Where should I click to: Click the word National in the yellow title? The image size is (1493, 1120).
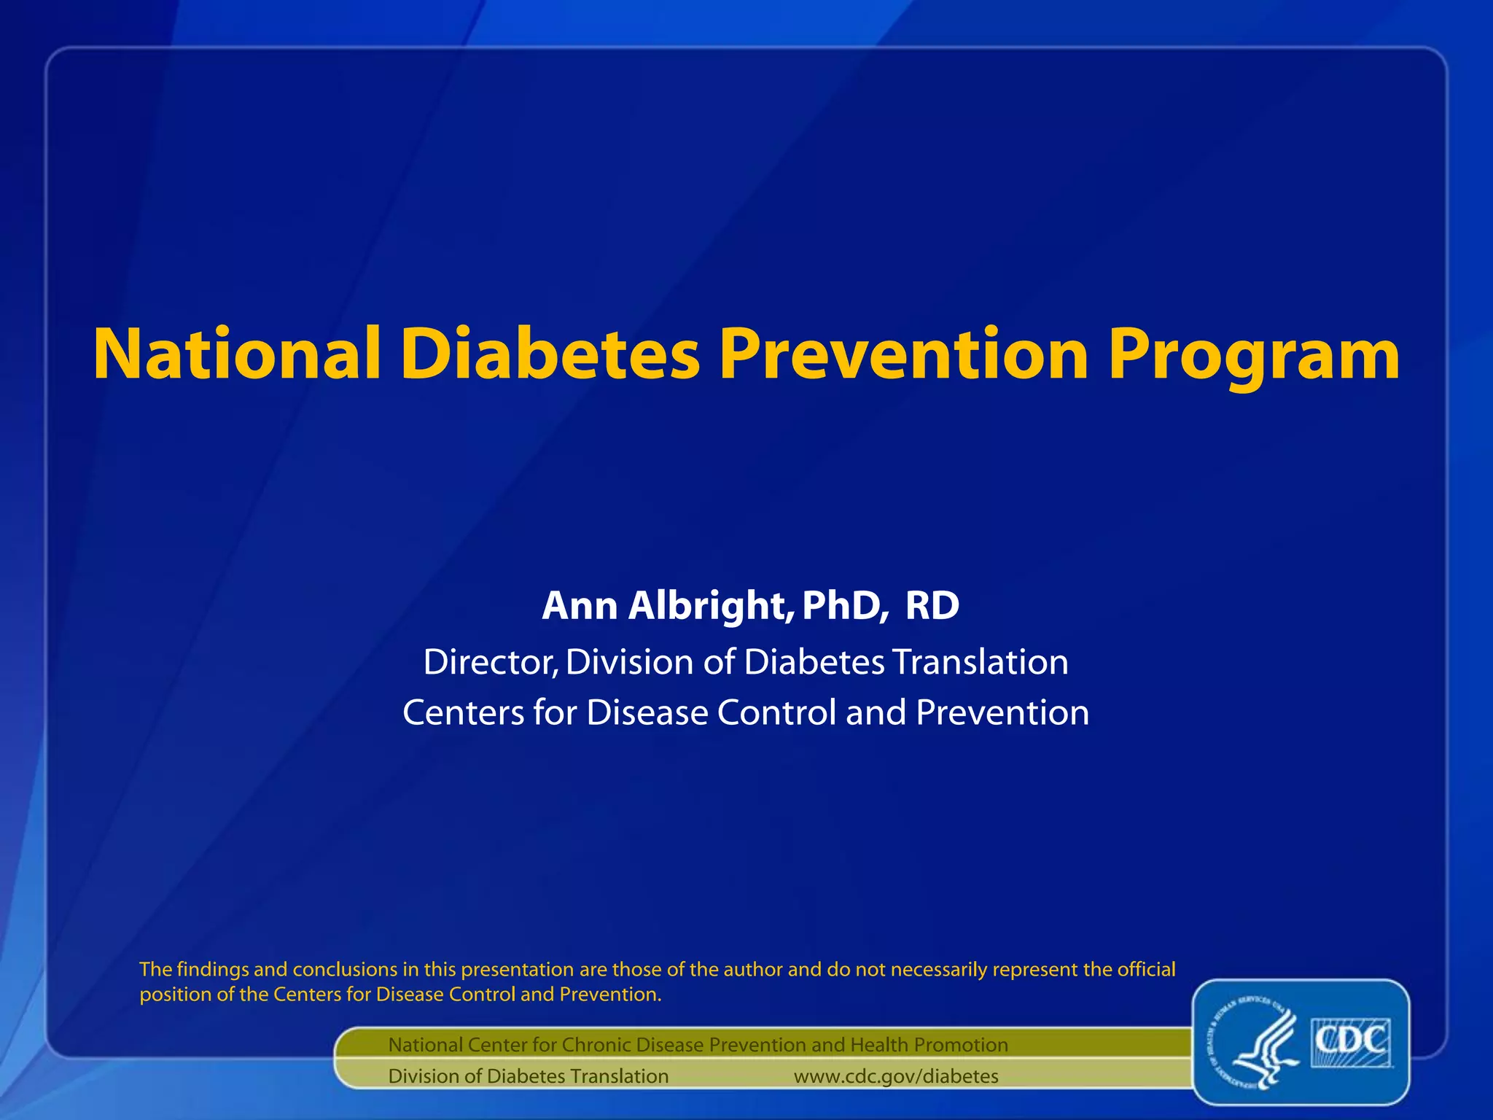pyautogui.click(x=238, y=355)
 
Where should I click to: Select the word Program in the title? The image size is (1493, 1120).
pyautogui.click(x=1253, y=355)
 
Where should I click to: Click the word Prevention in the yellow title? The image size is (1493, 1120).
pyautogui.click(x=904, y=355)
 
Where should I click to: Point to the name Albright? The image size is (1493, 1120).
pyautogui.click(x=706, y=605)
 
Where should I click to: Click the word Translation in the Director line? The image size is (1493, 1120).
pyautogui.click(x=980, y=662)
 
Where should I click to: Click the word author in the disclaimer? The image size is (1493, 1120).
pyautogui.click(x=748, y=970)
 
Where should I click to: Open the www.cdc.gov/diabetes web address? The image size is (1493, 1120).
pyautogui.click(x=896, y=1076)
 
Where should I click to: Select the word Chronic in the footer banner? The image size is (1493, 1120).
pyautogui.click(x=596, y=1045)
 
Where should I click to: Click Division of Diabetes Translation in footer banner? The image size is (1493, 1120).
pyautogui.click(x=528, y=1076)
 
